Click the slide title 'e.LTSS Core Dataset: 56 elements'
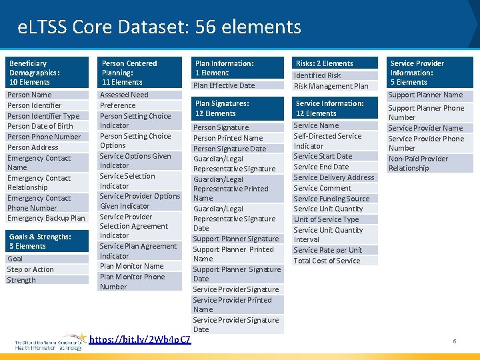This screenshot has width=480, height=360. tap(160, 27)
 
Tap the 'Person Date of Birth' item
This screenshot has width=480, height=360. tap(40, 126)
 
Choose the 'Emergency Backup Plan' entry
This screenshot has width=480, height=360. tap(46, 218)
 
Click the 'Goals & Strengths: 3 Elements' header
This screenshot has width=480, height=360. tap(40, 241)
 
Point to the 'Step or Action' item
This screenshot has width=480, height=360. tap(30, 269)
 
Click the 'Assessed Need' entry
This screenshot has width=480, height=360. tap(124, 95)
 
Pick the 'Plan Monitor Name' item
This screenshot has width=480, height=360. tap(131, 266)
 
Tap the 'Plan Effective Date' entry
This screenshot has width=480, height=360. tap(224, 85)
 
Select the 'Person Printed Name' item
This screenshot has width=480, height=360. tap(228, 138)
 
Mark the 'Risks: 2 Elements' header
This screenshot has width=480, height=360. tap(325, 63)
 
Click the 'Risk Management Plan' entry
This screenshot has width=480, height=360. tap(331, 86)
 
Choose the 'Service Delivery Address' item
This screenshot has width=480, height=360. tap(334, 177)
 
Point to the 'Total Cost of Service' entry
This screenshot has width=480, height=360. tap(327, 261)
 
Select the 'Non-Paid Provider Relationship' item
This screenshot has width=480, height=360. tap(418, 163)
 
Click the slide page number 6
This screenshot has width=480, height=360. tap(455, 341)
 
